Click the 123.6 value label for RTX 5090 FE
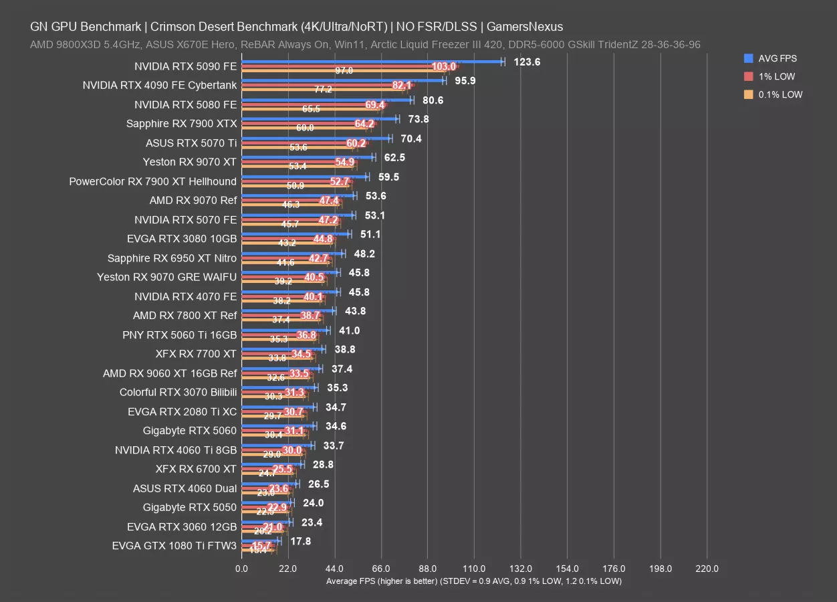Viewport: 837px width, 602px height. (527, 62)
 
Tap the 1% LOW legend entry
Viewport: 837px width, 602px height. (777, 76)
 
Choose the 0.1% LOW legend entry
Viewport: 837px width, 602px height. (780, 94)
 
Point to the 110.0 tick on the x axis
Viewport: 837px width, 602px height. (474, 569)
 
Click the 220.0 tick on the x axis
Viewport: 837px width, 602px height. (707, 569)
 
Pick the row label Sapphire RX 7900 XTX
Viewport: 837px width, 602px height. (181, 123)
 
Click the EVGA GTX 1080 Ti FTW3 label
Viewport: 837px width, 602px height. (174, 546)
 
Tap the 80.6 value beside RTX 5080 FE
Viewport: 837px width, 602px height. (432, 100)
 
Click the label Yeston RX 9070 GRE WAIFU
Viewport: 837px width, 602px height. (166, 277)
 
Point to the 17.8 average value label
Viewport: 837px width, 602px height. (301, 541)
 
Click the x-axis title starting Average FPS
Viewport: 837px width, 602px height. (473, 581)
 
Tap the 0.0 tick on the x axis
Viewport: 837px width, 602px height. (241, 569)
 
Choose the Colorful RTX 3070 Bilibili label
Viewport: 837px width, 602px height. (178, 393)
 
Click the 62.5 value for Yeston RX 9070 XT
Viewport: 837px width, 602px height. (393, 158)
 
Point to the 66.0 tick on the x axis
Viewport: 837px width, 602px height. (381, 569)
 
